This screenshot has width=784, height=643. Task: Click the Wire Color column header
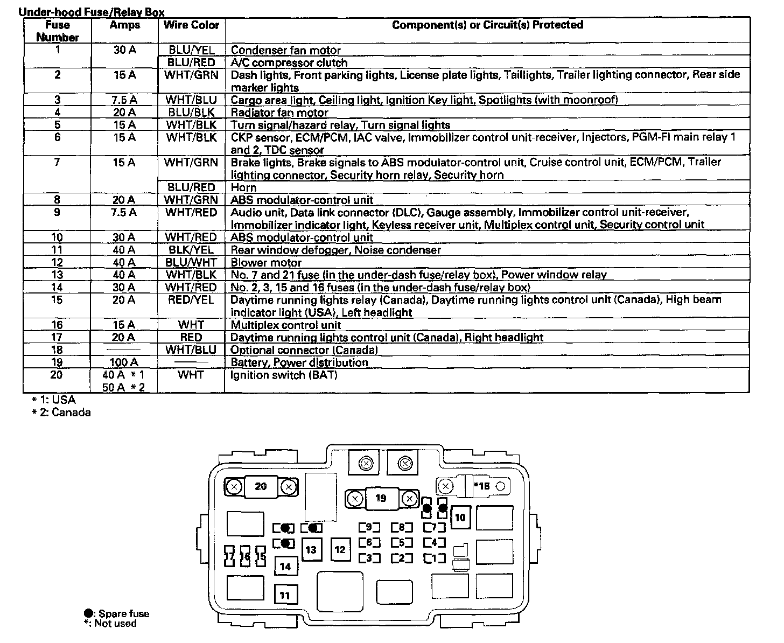[x=191, y=25]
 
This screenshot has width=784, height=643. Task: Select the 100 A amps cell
[x=124, y=362]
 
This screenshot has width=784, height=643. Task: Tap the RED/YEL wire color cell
[x=191, y=300]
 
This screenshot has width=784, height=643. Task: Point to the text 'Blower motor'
[x=266, y=263]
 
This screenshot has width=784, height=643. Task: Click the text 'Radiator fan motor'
[x=279, y=113]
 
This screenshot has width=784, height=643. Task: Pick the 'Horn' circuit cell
[x=243, y=187]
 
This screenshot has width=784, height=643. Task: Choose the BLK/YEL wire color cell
[x=191, y=250]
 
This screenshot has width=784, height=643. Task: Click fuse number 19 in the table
[x=57, y=362]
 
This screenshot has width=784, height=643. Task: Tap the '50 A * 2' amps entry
[x=124, y=387]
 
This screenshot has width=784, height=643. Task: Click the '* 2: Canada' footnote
[x=61, y=413]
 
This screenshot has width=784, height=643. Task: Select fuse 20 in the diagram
[x=261, y=487]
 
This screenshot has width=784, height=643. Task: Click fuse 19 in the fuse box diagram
[x=381, y=499]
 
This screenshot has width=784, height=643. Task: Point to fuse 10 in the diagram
[x=460, y=518]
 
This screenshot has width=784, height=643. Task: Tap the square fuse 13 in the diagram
[x=311, y=550]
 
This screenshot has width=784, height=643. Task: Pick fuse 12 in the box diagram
[x=340, y=550]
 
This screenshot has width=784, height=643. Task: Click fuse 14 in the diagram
[x=285, y=566]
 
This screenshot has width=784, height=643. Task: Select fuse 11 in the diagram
[x=285, y=595]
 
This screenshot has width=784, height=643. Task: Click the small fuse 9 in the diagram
[x=369, y=527]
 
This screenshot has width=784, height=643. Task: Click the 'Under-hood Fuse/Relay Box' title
[x=92, y=12]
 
